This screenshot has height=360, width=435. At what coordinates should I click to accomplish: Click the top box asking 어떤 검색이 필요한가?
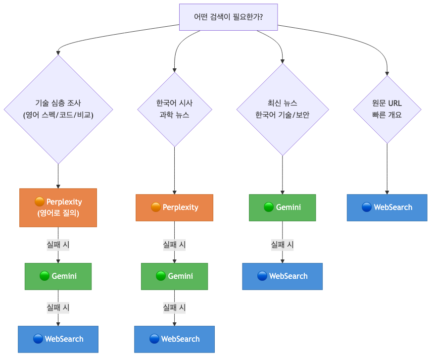point(228,17)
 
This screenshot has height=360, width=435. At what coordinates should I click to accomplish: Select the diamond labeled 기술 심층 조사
point(58,109)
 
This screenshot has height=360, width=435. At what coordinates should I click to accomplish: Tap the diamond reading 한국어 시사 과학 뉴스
point(174,109)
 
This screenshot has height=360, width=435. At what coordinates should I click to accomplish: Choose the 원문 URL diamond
point(387,109)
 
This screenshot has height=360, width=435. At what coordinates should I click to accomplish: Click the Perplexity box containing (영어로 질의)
point(58,207)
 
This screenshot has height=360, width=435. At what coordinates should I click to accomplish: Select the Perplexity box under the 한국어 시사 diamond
point(174,207)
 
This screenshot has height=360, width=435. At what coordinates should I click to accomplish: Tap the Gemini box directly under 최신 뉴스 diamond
point(282,207)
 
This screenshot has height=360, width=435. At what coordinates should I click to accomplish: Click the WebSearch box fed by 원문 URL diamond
point(387,207)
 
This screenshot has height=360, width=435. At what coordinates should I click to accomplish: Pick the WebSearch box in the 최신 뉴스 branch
point(282,276)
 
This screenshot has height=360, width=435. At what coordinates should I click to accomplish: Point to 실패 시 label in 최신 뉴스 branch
point(282,245)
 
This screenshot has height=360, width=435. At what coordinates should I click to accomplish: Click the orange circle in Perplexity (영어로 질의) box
point(40,202)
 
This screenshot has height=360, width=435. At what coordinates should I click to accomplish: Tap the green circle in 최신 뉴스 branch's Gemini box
point(269,207)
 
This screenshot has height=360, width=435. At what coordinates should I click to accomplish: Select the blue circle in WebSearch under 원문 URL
point(367,207)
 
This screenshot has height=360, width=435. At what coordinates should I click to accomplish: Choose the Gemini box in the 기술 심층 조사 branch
point(58,276)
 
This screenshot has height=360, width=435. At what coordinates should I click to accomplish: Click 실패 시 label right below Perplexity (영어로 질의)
point(58,245)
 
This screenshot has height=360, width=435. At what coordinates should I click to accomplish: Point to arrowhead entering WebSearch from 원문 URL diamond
point(387,191)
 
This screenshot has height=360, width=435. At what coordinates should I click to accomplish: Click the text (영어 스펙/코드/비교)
point(58,115)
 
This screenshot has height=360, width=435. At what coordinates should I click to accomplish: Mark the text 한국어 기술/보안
point(282,115)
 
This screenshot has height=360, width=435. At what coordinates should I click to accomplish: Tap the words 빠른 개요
point(387,115)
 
